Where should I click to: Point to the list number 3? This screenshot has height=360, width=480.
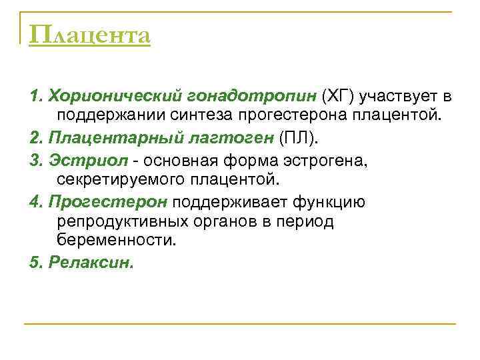click(x=34, y=159)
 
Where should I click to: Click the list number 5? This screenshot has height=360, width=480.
click(x=34, y=262)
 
